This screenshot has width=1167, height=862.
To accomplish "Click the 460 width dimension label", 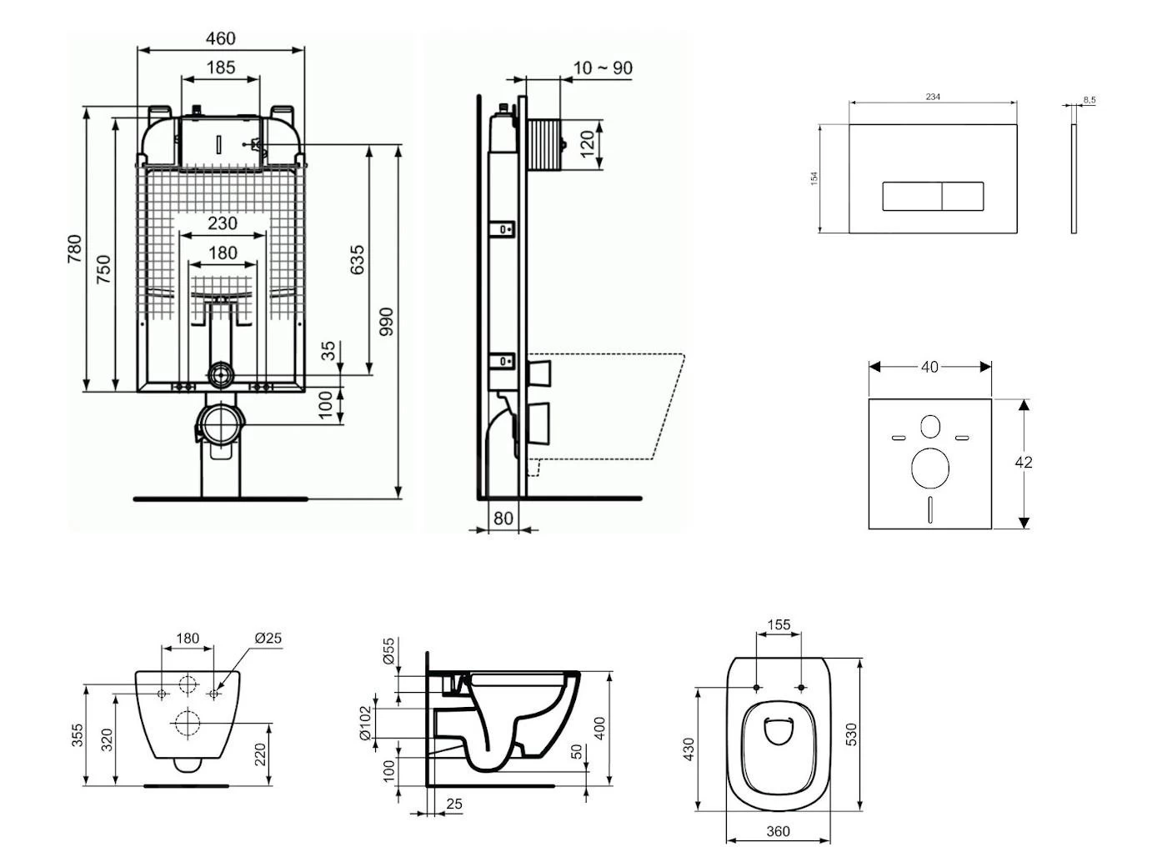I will pos(221,38).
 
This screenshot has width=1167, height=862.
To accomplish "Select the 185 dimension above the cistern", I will pos(220,68).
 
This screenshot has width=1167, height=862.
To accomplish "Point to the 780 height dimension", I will pos(74,249).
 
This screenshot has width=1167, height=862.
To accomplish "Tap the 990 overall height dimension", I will pos(386,322).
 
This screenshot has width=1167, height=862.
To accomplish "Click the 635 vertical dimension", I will pos(357,260).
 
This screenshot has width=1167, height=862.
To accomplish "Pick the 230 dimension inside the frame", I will pos(222,223).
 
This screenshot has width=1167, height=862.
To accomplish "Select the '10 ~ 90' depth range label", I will pos(603,68).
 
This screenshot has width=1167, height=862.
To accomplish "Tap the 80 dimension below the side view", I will pos(503,518).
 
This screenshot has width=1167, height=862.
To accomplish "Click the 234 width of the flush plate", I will pos(933,97).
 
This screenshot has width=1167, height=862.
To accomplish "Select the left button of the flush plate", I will pos(912,197).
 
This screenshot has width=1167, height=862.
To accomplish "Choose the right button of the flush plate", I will pos(963,197).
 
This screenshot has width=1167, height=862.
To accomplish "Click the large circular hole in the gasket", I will pos(930,468).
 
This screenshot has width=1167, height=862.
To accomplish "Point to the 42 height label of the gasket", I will pos(1024,462).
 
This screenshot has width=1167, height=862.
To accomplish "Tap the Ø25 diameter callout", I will pos(268,638).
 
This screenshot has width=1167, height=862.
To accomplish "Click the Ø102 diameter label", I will pos(364,723).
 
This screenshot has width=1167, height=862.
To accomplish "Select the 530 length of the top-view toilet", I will pos(851,734).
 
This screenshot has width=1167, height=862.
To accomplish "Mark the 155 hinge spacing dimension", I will pos(779,624).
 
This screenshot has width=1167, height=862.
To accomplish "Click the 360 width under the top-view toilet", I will pos(778,831).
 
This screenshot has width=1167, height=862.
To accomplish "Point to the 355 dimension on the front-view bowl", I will pos(77,735).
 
